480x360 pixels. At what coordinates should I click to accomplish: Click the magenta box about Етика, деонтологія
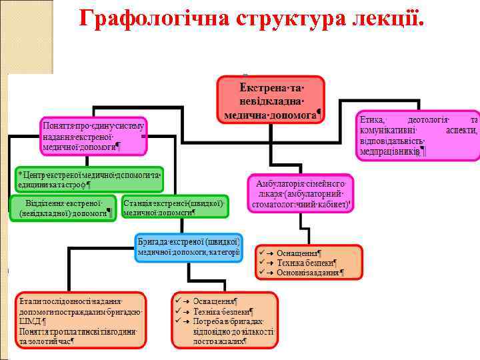coord(418,135)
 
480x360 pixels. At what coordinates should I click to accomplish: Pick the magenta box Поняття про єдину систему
coord(93,135)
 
